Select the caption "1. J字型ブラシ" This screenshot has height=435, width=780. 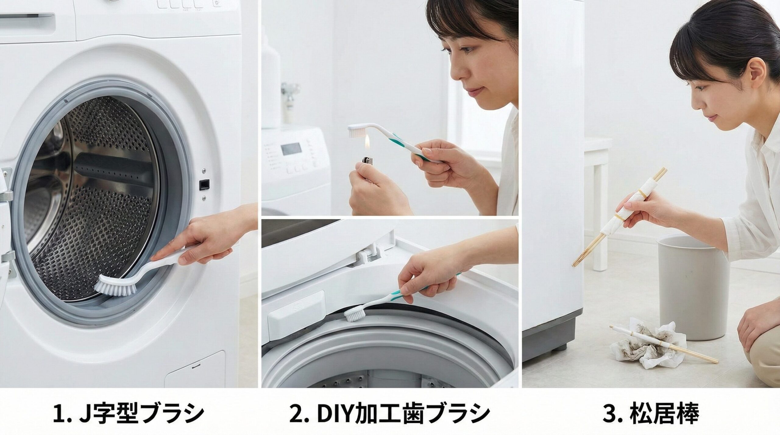128,413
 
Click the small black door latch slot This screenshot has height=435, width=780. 204,184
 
